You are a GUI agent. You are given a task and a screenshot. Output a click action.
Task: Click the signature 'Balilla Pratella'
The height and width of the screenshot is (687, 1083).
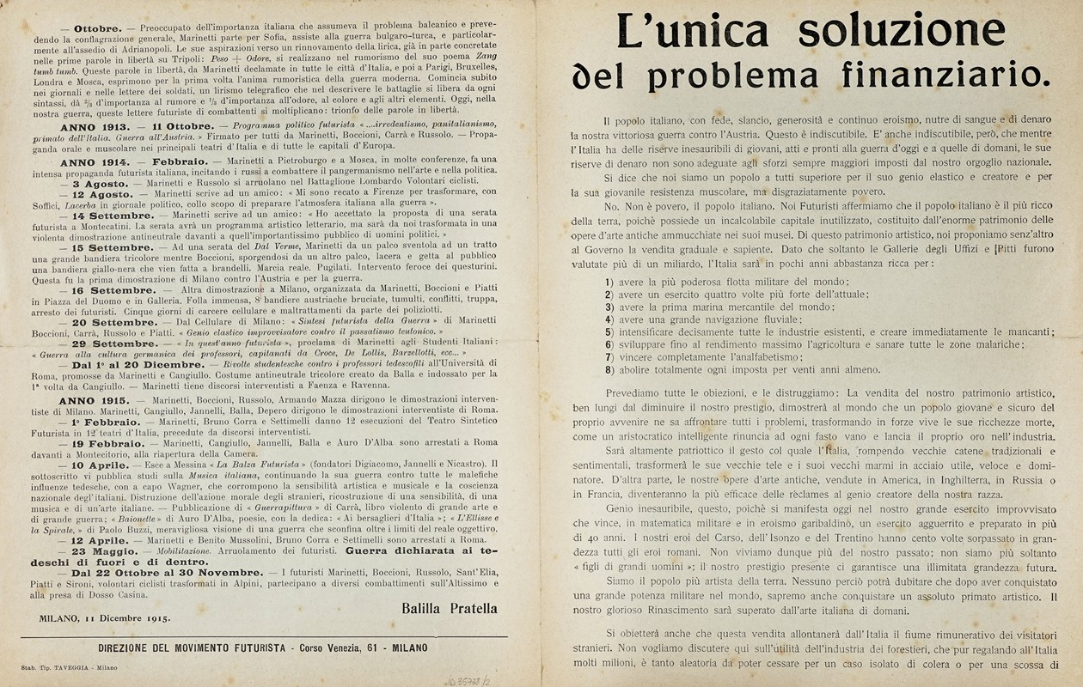click(x=449, y=608)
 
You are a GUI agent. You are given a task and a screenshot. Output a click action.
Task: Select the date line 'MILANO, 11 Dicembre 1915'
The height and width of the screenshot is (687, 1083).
click(x=104, y=617)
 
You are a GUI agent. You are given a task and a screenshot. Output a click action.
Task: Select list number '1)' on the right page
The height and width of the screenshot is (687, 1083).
click(x=609, y=283)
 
